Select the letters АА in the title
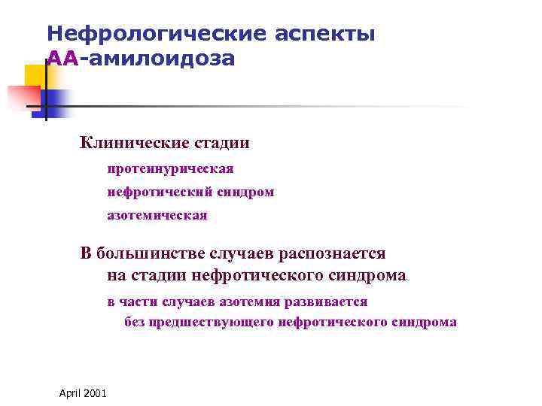tap(62, 58)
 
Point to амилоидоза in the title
tap(160, 58)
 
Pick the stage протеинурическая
tap(170, 168)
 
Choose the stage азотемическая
tap(157, 215)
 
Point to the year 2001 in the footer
tap(96, 394)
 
